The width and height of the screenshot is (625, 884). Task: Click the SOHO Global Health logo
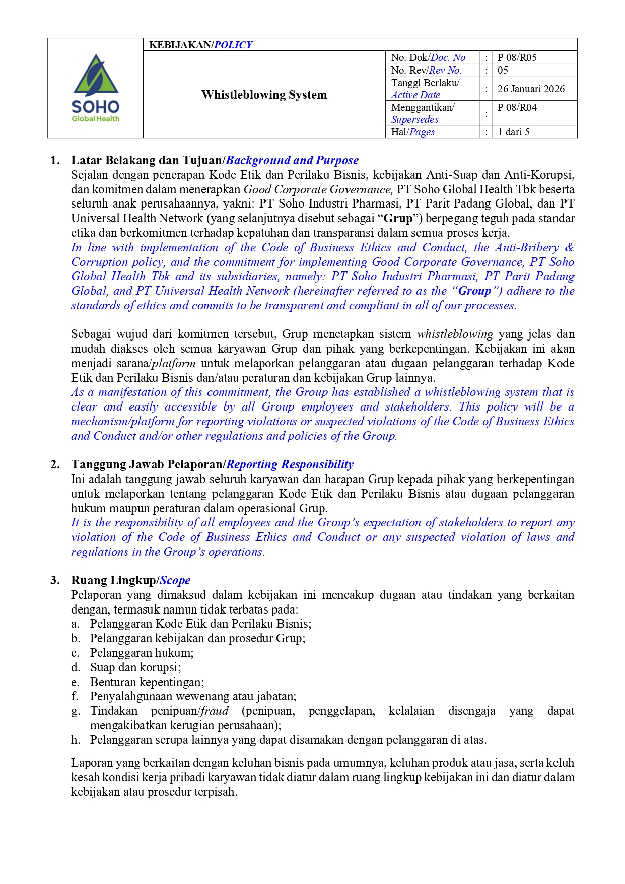[x=96, y=88]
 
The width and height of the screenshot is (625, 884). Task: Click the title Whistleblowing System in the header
[x=264, y=95]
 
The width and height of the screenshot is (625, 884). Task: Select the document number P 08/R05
[x=517, y=57]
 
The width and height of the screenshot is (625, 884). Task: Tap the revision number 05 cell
[x=503, y=70]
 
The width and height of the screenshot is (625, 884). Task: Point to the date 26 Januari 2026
[x=531, y=89]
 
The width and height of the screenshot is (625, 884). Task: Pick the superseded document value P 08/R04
[x=517, y=107]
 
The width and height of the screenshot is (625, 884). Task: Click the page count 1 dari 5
[x=513, y=132]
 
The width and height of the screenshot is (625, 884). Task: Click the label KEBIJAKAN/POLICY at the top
[x=200, y=45]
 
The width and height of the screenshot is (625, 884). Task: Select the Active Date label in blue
[x=415, y=95]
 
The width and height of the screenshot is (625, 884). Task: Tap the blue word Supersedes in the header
[x=414, y=119]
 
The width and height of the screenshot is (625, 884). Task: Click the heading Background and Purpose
[x=292, y=160]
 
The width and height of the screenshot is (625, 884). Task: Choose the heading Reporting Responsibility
[x=290, y=464]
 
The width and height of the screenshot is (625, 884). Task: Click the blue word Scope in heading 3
[x=175, y=580]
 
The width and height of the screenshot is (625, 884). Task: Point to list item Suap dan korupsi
[x=135, y=667]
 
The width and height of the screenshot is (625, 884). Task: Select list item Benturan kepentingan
[x=147, y=682]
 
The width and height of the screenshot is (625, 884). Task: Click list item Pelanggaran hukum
[x=142, y=653]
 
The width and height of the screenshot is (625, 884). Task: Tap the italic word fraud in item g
[x=215, y=711]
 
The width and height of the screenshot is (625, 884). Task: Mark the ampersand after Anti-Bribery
[x=569, y=247]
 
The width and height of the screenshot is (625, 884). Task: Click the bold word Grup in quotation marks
[x=398, y=218]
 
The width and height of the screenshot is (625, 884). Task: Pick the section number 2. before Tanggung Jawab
[x=55, y=464]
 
